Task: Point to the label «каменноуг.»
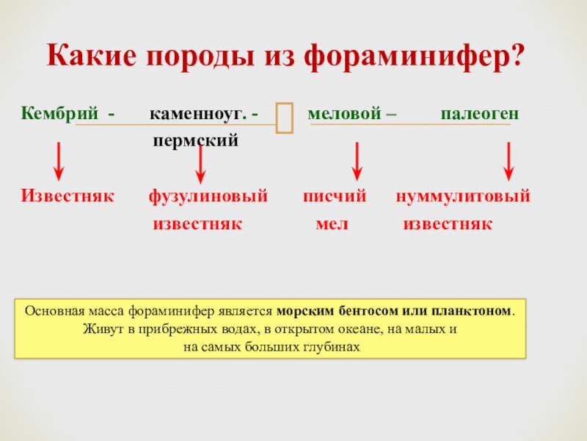click(198, 115)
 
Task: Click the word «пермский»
click(196, 139)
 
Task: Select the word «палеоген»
click(480, 115)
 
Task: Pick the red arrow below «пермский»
click(200, 163)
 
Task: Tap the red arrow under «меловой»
click(357, 162)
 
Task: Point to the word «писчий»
click(335, 197)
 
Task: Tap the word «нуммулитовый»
click(463, 197)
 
